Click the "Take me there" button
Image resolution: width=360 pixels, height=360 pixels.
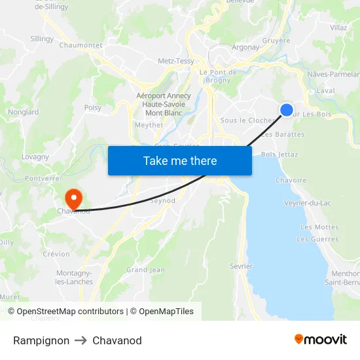point(180,160)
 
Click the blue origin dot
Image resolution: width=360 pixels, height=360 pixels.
point(287,110)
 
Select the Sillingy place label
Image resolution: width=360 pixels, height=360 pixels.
point(42,39)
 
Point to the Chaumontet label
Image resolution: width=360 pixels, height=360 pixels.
point(81,45)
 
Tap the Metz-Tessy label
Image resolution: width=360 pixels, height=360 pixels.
point(176,61)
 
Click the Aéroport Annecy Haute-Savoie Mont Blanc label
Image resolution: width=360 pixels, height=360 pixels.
point(164,104)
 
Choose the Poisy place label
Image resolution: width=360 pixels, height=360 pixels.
point(93,107)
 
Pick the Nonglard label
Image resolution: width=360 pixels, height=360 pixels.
point(23,112)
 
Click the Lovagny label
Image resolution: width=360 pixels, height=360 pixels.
point(35,157)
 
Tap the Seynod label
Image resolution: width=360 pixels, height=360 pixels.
point(163,201)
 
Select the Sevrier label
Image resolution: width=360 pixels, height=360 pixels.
point(241,266)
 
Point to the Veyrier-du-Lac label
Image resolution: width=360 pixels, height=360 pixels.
point(308,203)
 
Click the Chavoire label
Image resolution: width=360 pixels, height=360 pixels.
point(291,180)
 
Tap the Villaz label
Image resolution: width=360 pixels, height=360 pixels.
point(338,27)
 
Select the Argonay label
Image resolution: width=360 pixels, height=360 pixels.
point(245,47)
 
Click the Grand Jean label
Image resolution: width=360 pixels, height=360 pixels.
point(145,270)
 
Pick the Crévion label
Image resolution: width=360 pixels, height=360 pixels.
point(56,254)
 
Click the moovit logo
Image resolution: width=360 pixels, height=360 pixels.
point(320,340)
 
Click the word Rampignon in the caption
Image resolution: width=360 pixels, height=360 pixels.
point(41,340)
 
